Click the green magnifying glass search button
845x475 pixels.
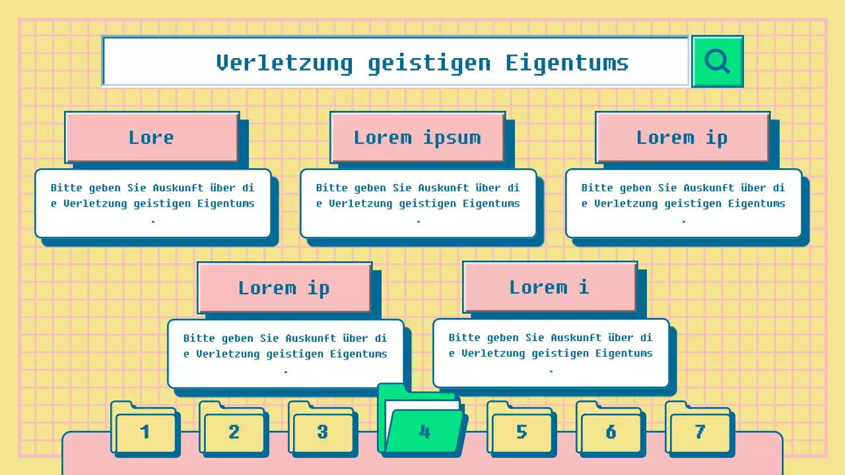(717, 61)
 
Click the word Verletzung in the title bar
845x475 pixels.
(284, 63)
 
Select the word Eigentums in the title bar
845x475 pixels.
(567, 63)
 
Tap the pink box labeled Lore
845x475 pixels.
(151, 137)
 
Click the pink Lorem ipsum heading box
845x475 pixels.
(417, 137)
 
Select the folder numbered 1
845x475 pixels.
(145, 432)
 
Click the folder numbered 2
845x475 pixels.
(234, 432)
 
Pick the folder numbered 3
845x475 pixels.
(322, 432)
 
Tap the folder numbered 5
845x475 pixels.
(522, 432)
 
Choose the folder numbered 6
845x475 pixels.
(611, 432)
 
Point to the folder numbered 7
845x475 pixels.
(700, 432)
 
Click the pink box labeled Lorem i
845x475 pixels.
(549, 287)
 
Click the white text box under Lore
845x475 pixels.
(152, 203)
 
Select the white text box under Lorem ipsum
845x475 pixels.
(418, 203)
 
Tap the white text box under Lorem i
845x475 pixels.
(551, 353)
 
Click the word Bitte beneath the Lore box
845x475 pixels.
(67, 188)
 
